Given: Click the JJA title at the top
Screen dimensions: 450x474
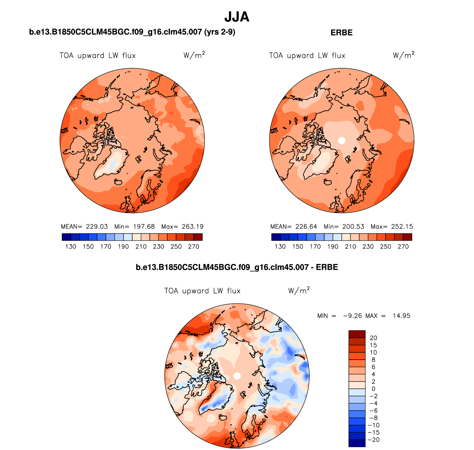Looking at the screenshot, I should click(237, 17).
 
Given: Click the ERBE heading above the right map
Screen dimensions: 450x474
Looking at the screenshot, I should click(342, 33).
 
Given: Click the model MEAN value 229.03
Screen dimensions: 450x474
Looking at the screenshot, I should click(97, 227).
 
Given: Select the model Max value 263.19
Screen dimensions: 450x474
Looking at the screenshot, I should click(192, 227).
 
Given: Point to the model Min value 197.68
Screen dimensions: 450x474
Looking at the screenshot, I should click(144, 227).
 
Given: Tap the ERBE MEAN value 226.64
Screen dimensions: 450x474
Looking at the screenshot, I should click(306, 227).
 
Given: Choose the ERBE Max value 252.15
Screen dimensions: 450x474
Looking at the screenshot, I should click(402, 227).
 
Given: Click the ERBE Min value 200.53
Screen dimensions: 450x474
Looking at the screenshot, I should click(353, 227).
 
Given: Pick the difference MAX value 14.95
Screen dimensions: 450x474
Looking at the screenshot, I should click(401, 316).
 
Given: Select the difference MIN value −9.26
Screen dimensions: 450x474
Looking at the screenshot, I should click(352, 316).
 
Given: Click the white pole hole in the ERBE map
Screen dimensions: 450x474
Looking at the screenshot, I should click(342, 140).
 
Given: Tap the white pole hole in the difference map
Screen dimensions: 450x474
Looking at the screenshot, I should click(237, 376).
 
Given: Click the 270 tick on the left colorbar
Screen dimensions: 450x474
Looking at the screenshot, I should click(193, 246).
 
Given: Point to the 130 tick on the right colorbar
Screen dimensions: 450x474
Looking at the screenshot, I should click(280, 246).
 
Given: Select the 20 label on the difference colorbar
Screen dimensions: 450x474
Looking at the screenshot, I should click(373, 338).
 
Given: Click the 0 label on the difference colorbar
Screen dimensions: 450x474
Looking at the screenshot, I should click(373, 389).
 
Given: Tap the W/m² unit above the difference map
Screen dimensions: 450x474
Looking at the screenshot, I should click(299, 290).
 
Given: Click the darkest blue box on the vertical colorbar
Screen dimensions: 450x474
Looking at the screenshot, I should click(357, 443).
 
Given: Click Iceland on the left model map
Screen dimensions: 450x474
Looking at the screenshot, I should click(118, 182).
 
